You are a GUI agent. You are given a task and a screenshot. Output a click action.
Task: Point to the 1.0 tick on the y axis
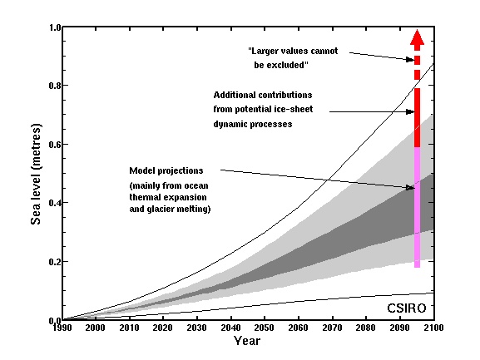tap(53, 27)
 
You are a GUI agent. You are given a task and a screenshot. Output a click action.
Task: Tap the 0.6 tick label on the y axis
tap(53, 145)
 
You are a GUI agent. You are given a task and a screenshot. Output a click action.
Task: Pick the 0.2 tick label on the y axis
tap(53, 262)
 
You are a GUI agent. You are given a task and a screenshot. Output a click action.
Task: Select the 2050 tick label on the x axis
tap(245, 329)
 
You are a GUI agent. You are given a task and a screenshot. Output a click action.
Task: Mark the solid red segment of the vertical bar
tap(418, 116)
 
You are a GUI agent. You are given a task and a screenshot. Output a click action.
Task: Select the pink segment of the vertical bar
tap(418, 208)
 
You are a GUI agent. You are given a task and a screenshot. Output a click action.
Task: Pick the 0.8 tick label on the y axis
tap(53, 86)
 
